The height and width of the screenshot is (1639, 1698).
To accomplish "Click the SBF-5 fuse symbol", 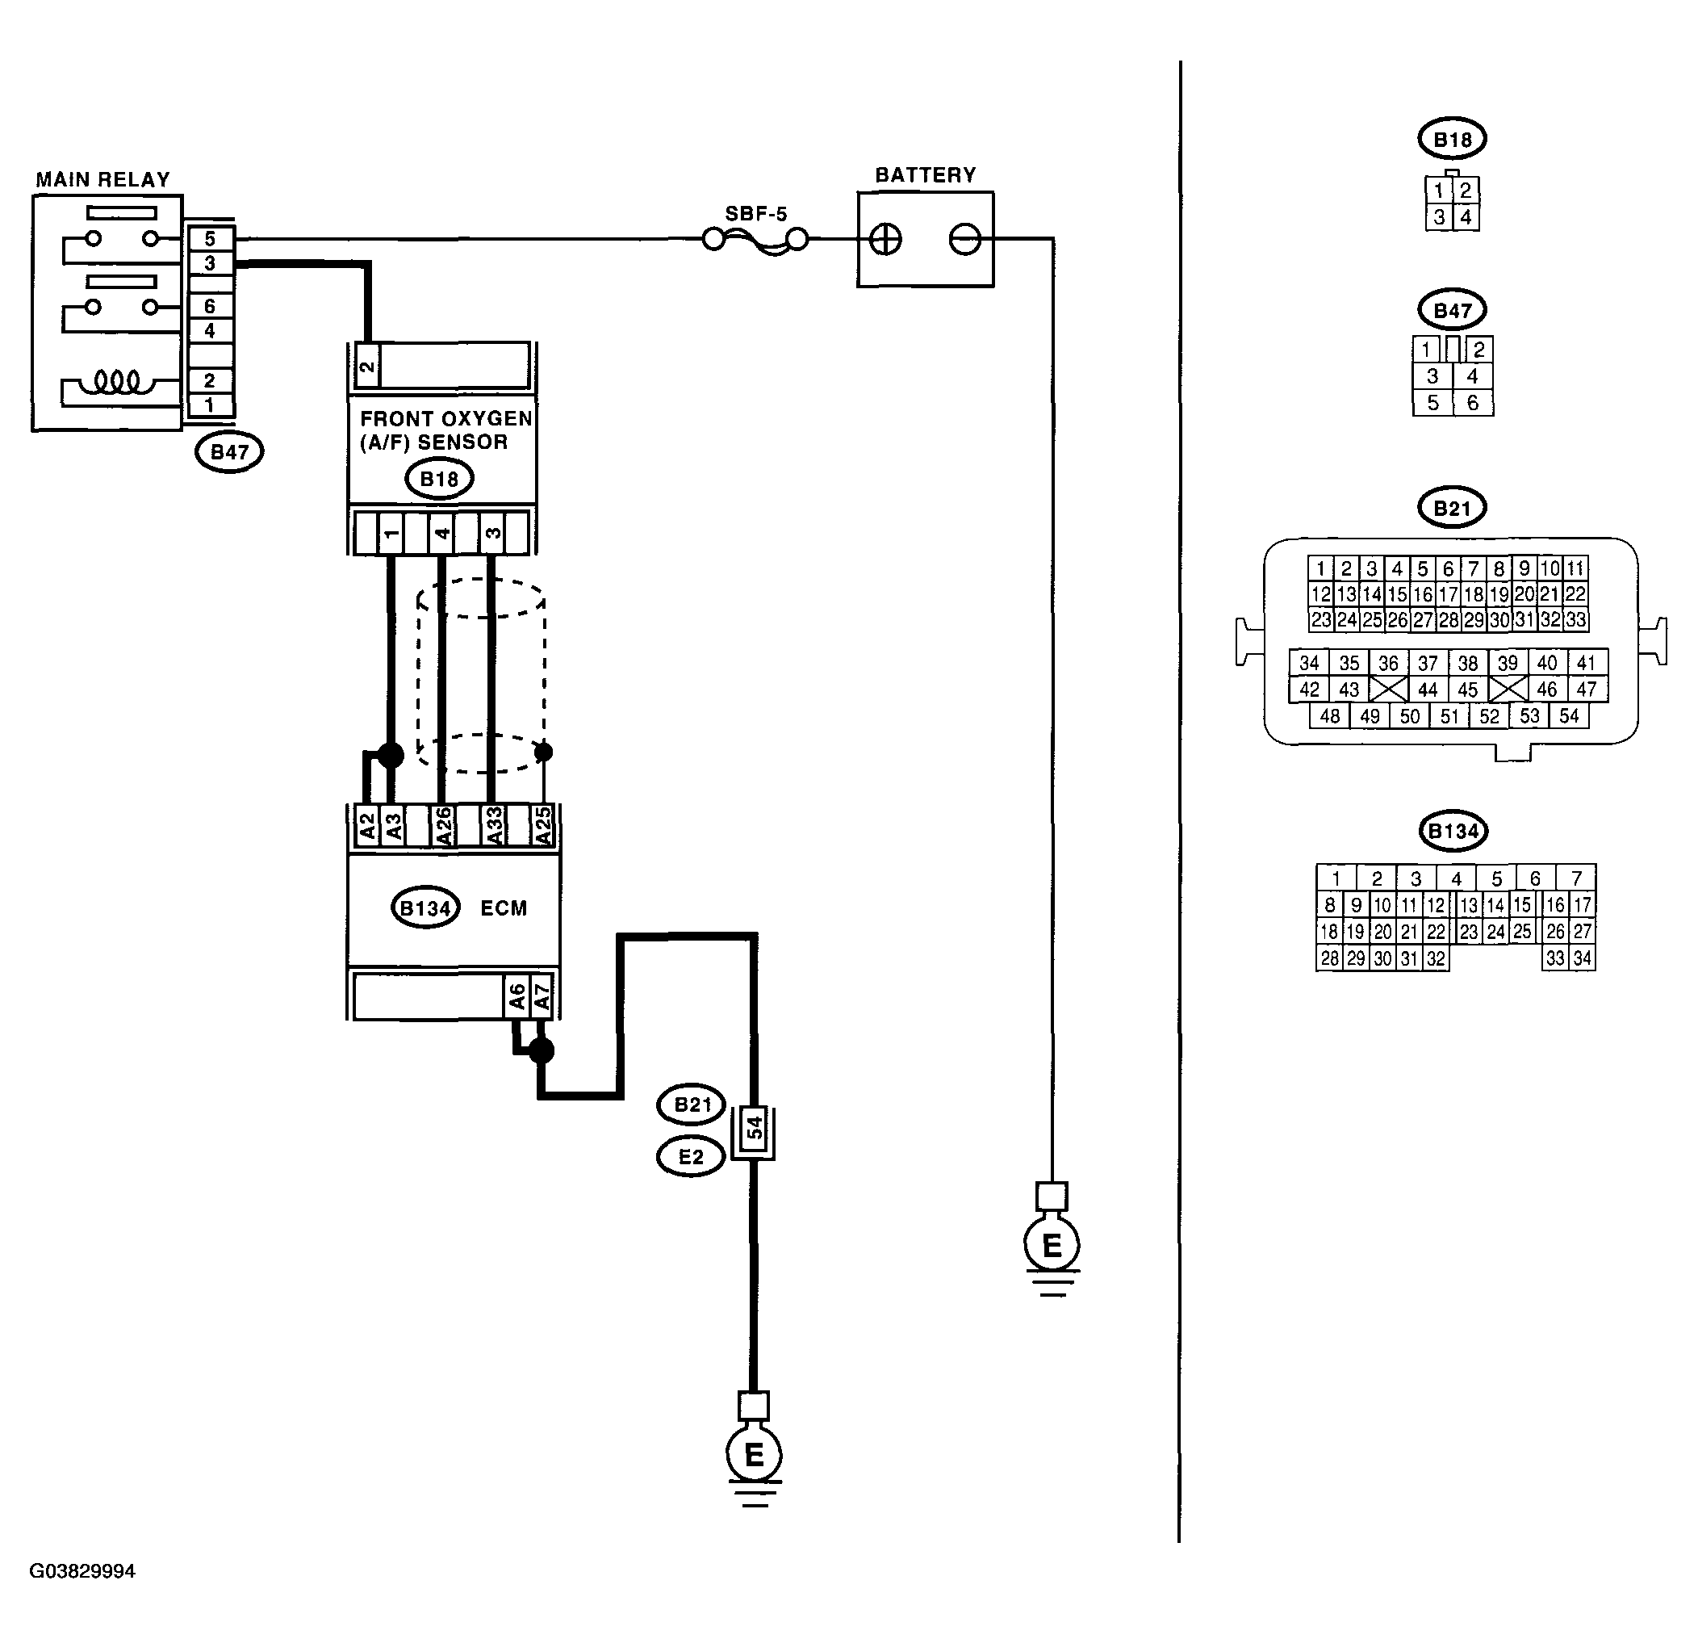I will pyautogui.click(x=755, y=240).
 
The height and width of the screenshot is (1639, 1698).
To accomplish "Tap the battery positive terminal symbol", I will pyautogui.click(x=885, y=239).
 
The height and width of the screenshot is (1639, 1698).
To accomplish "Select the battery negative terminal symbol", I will pyautogui.click(x=965, y=239).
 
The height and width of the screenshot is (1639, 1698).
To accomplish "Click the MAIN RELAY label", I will pyautogui.click(x=103, y=179).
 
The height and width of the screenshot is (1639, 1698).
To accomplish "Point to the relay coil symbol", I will pyautogui.click(x=117, y=380).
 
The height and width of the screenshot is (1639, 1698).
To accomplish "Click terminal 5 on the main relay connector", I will pyautogui.click(x=210, y=238).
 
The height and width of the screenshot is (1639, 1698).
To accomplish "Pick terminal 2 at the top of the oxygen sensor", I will pyautogui.click(x=367, y=366).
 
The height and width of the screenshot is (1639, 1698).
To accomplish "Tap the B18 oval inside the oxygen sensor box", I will pyautogui.click(x=439, y=479).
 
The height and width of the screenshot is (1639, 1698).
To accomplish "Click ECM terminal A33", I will pyautogui.click(x=493, y=826).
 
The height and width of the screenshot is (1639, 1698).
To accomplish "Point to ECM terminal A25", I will pyautogui.click(x=543, y=826).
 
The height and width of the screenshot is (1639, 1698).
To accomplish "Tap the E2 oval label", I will pyautogui.click(x=691, y=1156).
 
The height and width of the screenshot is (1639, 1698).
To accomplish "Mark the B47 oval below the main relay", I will pyautogui.click(x=228, y=451).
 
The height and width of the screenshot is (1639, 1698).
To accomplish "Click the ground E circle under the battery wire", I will pyautogui.click(x=1052, y=1246).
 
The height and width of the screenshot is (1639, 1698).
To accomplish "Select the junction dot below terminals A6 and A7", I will pyautogui.click(x=542, y=1050).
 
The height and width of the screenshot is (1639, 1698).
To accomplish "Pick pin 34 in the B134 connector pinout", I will pyautogui.click(x=1582, y=958).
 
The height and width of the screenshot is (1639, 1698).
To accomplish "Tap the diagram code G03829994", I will pyautogui.click(x=82, y=1571).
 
